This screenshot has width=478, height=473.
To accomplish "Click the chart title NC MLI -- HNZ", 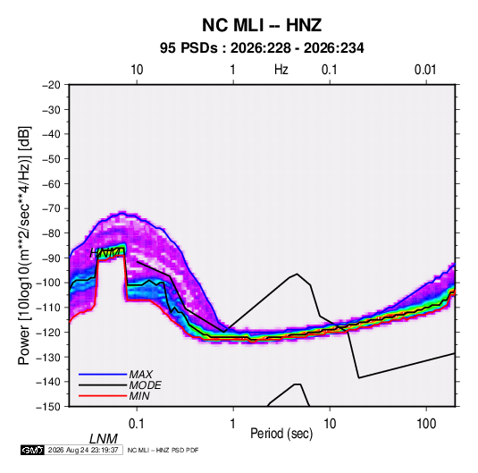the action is click(x=262, y=25).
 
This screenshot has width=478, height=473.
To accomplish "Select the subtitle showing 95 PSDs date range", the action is click(x=262, y=48).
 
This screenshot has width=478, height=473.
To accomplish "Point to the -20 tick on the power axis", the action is click(x=51, y=85).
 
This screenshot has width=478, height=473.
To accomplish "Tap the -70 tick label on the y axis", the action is click(x=51, y=208).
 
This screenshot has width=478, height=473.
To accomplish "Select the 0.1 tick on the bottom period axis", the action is click(x=137, y=424).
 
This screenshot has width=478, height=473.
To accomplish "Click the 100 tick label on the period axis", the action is click(x=426, y=424).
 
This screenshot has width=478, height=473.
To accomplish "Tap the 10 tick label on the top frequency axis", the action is click(x=137, y=70).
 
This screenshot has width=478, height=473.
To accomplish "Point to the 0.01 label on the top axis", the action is click(x=425, y=70).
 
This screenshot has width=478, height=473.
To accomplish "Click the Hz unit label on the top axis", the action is click(x=281, y=70).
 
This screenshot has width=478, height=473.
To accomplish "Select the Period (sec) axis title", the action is click(x=281, y=434).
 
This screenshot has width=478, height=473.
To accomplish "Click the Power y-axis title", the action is click(x=24, y=245).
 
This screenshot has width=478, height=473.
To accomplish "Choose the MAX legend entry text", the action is click(x=140, y=375).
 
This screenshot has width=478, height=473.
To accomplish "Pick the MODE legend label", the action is click(x=145, y=385).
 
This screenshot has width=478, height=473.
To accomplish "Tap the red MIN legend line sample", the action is click(x=103, y=396).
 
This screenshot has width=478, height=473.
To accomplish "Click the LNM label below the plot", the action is click(x=104, y=439).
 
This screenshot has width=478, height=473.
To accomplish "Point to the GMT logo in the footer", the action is click(x=32, y=450).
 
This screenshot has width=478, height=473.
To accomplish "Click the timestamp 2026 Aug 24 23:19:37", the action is click(x=83, y=450).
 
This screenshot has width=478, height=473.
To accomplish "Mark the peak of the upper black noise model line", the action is click(x=297, y=274).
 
